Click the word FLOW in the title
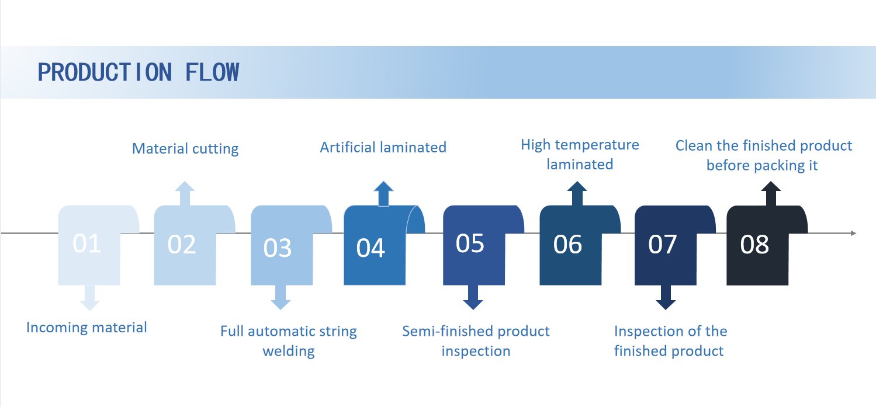[212, 72]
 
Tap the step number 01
[86, 243]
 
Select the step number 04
[371, 248]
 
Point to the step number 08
[754, 245]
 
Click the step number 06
[567, 245]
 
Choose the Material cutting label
[185, 149]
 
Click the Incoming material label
[86, 328]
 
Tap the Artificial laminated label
[383, 147]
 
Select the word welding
[289, 351]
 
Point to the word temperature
[597, 145]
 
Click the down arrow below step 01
[89, 298]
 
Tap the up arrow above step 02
[185, 193]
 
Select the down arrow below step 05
[473, 297]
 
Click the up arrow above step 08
[771, 193]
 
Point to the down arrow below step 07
[666, 297]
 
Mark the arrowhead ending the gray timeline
[853, 233]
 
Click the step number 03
[277, 248]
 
